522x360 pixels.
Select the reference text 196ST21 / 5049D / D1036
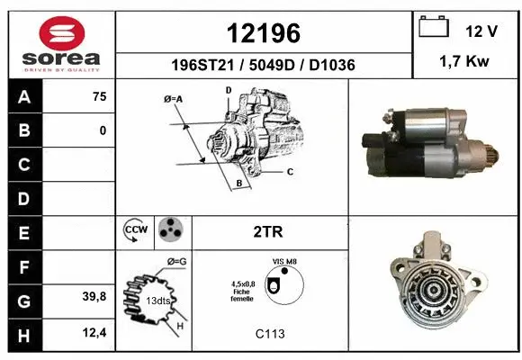(263, 66)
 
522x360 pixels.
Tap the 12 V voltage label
(481, 31)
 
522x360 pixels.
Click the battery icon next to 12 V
(434, 28)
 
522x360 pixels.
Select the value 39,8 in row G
(94, 297)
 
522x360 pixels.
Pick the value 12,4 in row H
(94, 333)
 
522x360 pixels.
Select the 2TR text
(270, 231)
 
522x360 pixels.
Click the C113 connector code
(269, 334)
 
